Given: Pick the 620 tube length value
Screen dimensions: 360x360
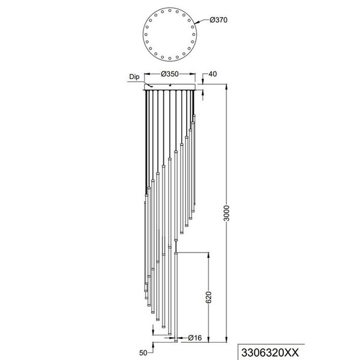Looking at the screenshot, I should point(209,298).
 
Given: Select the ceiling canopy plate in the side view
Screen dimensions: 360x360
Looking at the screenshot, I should point(173,88).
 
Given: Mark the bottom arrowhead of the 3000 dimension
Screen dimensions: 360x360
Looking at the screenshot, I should point(225,342).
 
